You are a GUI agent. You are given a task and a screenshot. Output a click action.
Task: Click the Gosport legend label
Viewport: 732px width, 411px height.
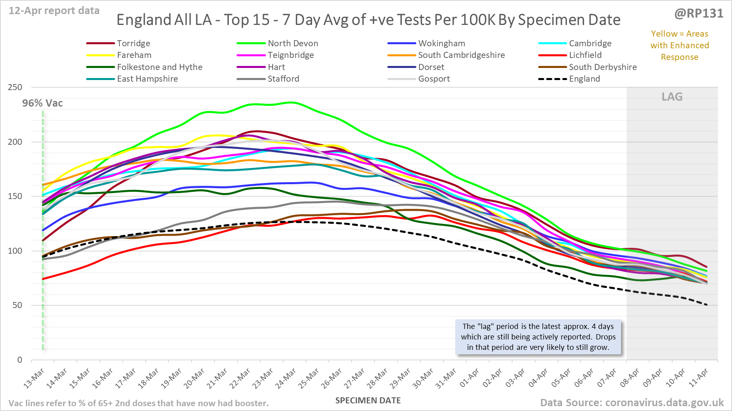[434, 79]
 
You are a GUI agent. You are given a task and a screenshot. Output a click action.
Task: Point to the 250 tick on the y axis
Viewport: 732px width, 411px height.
[15, 87]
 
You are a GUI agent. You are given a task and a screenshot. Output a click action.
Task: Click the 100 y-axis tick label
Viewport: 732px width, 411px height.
[15, 251]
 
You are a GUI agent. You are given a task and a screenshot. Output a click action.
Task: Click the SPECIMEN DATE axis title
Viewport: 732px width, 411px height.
[368, 401]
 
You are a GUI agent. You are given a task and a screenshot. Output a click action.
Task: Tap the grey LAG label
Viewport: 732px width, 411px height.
[672, 97]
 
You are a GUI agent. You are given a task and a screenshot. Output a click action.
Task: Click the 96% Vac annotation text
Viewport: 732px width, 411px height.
[43, 103]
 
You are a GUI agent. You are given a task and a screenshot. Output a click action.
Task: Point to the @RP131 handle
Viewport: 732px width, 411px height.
[699, 14]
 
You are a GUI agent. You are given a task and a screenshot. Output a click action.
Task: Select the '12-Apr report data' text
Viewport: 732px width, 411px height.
[54, 11]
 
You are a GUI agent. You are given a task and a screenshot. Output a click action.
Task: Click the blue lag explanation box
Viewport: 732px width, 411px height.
[538, 337]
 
